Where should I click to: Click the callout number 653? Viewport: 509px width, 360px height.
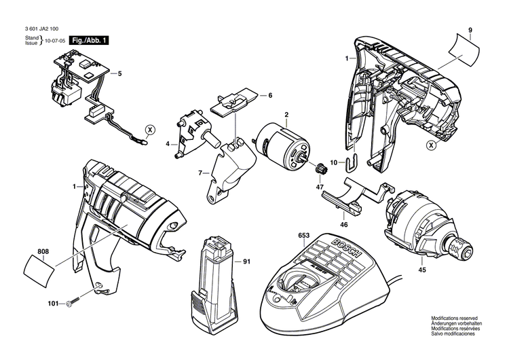[x=303, y=236]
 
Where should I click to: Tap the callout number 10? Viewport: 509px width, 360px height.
[x=334, y=162]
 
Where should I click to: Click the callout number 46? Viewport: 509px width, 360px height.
[x=343, y=223]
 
